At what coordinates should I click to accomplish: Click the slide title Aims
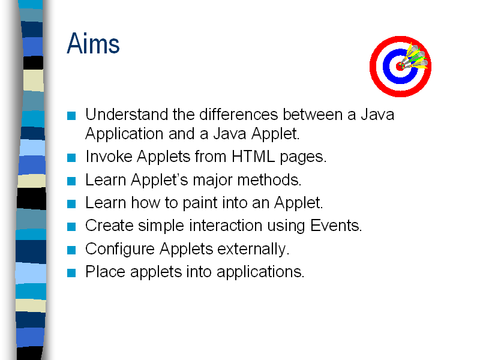[93, 43]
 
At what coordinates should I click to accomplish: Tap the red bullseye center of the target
[399, 67]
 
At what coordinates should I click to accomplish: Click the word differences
[238, 115]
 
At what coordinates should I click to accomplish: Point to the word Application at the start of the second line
[124, 134]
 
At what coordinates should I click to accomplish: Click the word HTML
[253, 157]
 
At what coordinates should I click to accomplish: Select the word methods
[269, 179]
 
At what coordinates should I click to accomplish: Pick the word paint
[200, 203]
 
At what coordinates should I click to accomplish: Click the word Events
[336, 226]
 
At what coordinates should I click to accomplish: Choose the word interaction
[226, 226]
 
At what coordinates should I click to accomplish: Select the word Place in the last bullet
[106, 272]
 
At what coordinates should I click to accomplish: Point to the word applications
[260, 272]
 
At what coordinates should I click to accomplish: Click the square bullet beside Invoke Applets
[71, 158]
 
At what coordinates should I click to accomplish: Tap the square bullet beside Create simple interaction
[71, 227]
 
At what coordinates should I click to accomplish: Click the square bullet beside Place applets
[71, 273]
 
